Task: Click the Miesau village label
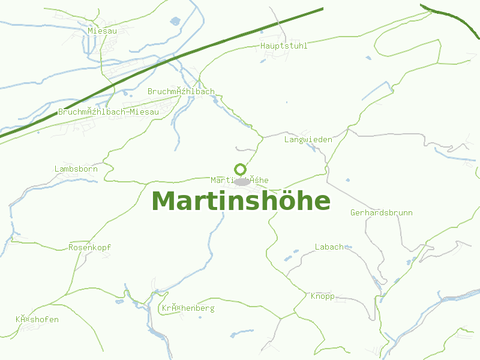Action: click(102, 31)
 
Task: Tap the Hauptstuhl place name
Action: click(284, 46)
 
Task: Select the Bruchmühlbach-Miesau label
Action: click(109, 112)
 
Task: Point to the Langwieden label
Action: click(308, 139)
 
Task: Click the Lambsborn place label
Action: click(76, 169)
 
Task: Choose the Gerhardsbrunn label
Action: click(382, 213)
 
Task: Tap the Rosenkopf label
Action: click(89, 247)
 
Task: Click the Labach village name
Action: click(329, 247)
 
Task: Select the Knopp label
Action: click(322, 296)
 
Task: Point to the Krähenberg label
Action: click(188, 308)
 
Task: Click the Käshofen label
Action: click(37, 319)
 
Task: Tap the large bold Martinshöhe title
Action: click(241, 201)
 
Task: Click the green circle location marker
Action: click(241, 169)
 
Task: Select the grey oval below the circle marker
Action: click(242, 182)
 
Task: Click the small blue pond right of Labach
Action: click(347, 245)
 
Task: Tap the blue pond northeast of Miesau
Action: click(175, 21)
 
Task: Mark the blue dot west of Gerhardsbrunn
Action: click(347, 180)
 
